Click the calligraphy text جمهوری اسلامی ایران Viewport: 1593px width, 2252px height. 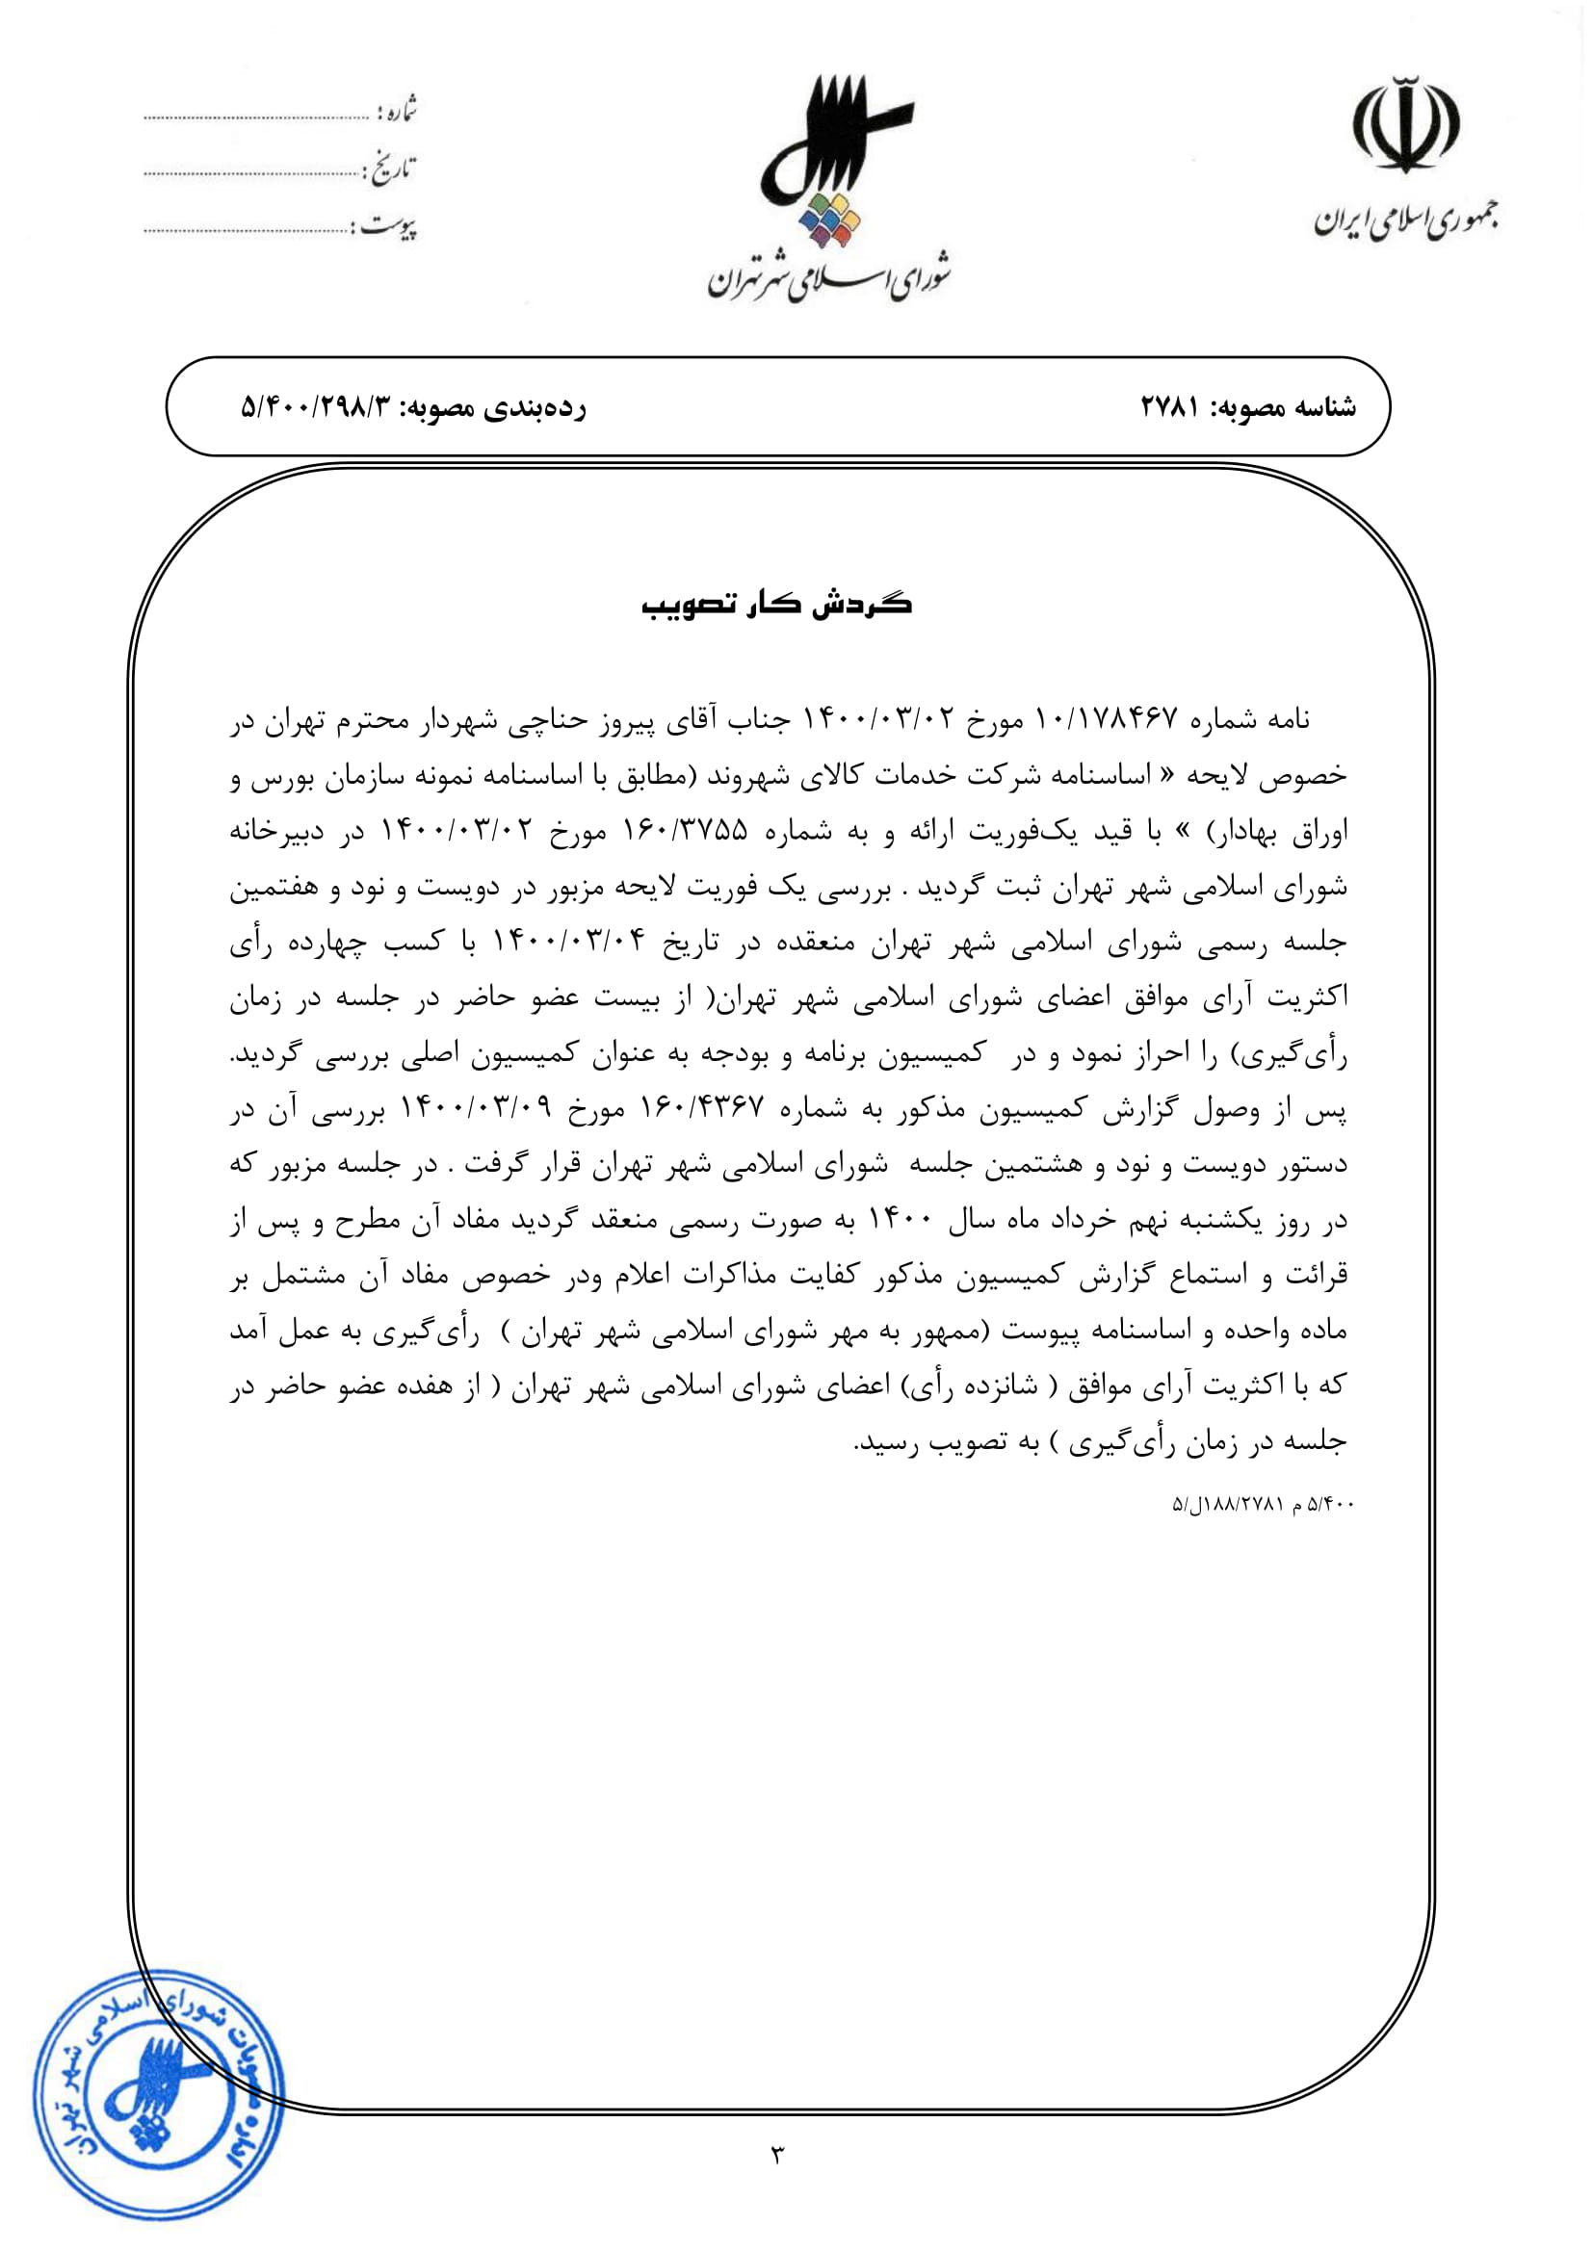click(x=1406, y=220)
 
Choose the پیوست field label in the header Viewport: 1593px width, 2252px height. click(x=388, y=227)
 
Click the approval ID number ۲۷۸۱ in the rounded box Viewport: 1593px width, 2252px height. click(x=1170, y=407)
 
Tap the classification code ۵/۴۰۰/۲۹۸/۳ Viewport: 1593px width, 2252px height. click(x=316, y=407)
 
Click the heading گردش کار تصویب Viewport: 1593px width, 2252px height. click(x=777, y=605)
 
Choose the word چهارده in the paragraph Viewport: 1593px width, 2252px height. click(x=327, y=943)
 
